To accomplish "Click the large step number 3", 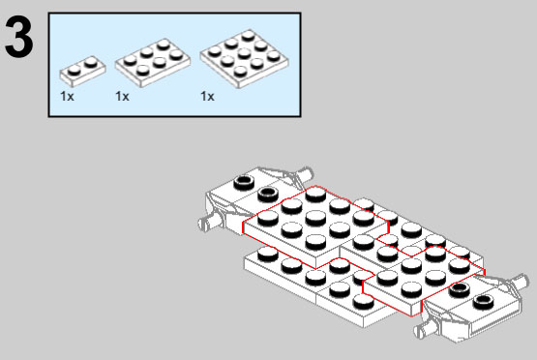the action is pos(19,38).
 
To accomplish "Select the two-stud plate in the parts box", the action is pos(82,71).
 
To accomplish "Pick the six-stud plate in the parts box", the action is pos(153,62).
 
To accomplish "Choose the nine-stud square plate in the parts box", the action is pos(245,59).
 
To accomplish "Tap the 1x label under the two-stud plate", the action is pos(67,96).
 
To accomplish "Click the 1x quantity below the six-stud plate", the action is pos(122,96).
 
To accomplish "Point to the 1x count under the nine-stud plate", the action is pos(207,96).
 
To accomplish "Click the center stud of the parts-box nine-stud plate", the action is pos(244,53).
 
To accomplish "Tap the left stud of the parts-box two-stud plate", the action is pos(75,71).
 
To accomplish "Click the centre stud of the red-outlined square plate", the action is pos(315,218).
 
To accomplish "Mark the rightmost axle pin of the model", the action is pos(520,282).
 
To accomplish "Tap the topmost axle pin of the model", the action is pos(306,173).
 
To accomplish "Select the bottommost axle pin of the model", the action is pos(426,330).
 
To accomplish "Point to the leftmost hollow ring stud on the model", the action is pos(244,182).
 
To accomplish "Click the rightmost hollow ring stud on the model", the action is pos(483,302).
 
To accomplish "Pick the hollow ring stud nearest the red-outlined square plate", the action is pos(268,194).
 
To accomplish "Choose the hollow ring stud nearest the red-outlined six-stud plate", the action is pos(460,289).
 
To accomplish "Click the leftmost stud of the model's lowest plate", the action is pos(268,255).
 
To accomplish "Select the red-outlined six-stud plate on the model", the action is pos(424,281).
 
